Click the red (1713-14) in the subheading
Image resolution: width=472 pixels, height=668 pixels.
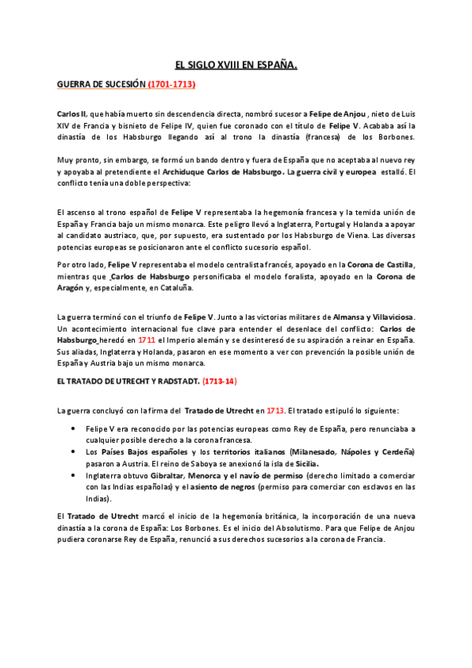click(x=220, y=381)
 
